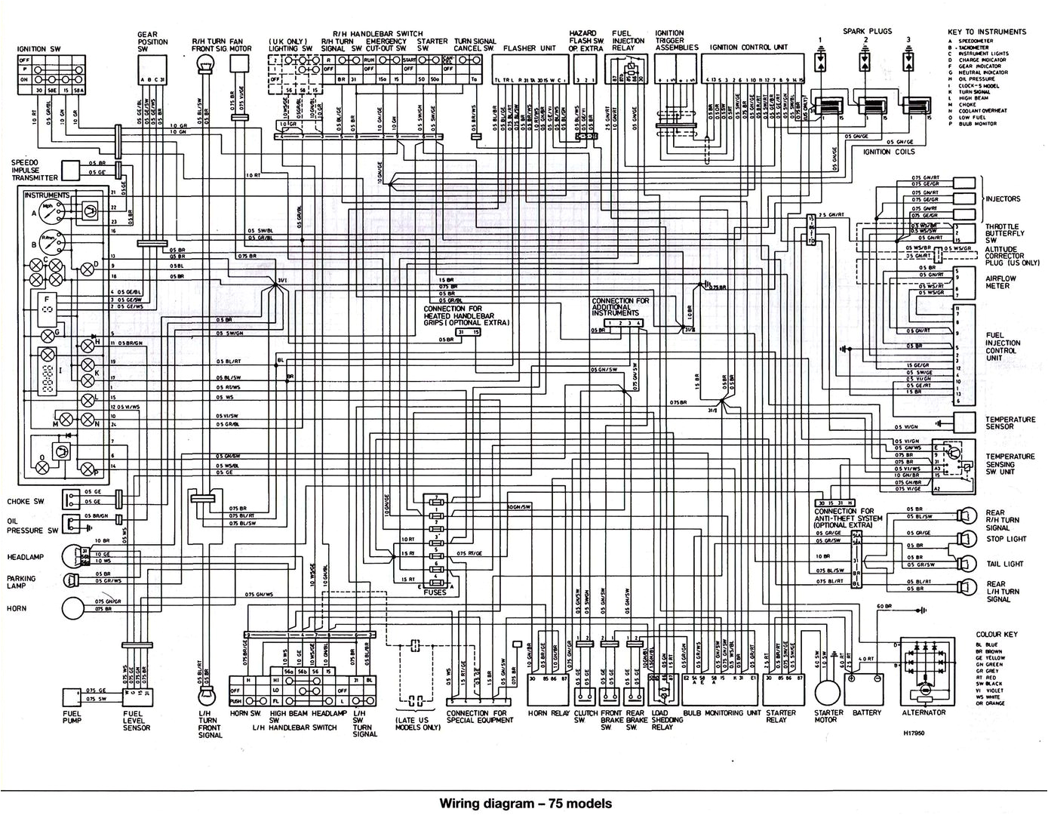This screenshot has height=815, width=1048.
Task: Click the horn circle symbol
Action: point(74,607)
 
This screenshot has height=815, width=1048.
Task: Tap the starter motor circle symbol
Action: point(826,690)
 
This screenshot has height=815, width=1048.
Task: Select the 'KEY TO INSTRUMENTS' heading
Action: point(988,32)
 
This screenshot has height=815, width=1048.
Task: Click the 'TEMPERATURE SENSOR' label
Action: point(1010,423)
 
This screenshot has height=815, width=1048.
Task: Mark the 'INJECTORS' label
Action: point(1003,199)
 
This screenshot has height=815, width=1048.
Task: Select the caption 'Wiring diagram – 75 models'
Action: point(525,803)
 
